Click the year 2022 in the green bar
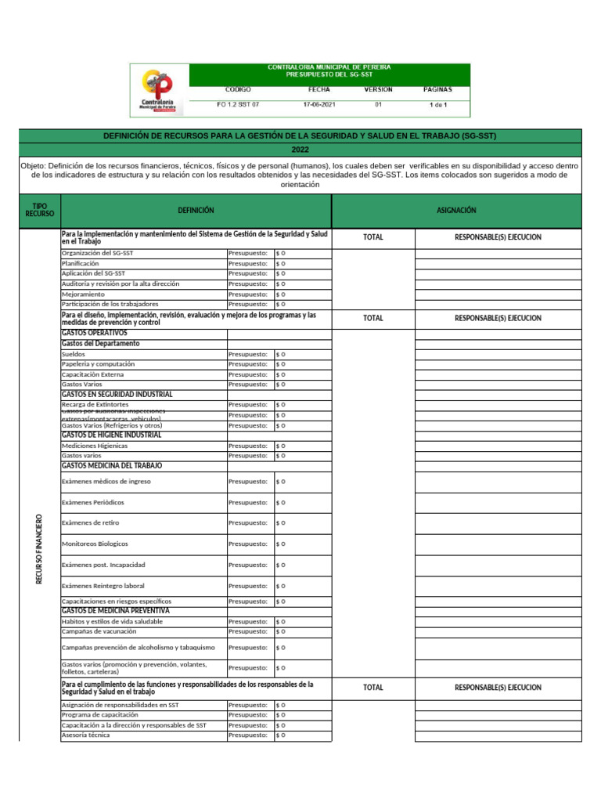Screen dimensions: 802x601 point(300,149)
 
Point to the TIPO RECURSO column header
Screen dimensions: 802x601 point(39,210)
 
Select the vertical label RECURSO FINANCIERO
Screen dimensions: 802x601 point(39,548)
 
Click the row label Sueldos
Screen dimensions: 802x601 point(74,354)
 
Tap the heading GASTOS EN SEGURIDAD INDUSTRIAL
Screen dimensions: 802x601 point(117,395)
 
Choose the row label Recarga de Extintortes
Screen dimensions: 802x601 point(95,405)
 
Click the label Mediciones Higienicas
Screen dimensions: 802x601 point(95,446)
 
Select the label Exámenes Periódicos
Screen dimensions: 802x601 point(92,502)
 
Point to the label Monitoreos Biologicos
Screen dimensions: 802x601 point(95,544)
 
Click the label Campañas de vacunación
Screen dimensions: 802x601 point(99,631)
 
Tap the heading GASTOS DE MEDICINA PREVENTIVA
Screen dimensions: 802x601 point(115,611)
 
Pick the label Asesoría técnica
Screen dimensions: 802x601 point(85,735)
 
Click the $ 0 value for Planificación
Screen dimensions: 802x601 point(281,264)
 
